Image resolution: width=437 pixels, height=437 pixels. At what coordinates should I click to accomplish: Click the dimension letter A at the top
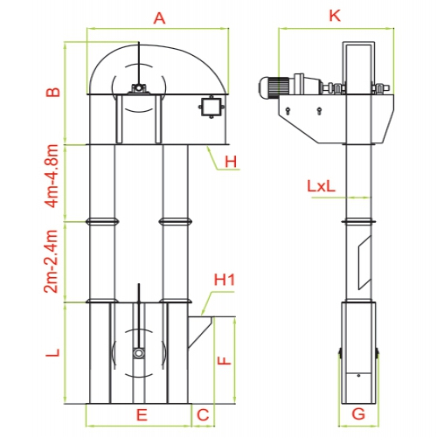(159, 18)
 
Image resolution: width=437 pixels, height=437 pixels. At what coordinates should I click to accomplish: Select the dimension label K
(335, 16)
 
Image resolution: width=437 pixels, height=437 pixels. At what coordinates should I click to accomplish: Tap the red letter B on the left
(53, 92)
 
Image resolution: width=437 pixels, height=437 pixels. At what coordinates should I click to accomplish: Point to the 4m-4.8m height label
(52, 177)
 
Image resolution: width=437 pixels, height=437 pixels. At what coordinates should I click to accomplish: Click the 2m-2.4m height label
(51, 261)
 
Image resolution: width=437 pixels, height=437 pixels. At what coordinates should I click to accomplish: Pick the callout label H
(231, 162)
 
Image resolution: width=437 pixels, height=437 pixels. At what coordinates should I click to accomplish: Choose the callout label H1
(225, 280)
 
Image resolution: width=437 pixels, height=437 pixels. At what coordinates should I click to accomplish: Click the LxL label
(322, 186)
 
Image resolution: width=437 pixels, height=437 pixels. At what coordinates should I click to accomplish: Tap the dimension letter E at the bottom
(142, 415)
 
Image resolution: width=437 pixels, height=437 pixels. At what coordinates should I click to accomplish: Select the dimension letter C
(203, 415)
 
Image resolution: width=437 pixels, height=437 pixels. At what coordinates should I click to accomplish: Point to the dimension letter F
(225, 361)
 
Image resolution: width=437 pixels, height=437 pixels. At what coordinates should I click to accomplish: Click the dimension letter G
(358, 413)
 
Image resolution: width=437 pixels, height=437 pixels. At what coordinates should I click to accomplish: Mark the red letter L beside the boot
(53, 352)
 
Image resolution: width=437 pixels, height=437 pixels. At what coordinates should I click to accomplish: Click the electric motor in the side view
(274, 87)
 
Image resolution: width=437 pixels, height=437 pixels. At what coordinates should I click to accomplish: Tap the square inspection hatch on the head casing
(212, 107)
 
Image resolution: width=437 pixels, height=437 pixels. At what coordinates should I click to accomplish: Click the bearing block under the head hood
(139, 88)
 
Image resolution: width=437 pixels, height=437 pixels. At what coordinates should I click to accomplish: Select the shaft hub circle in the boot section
(139, 353)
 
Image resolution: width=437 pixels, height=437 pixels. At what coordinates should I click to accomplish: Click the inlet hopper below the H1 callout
(200, 332)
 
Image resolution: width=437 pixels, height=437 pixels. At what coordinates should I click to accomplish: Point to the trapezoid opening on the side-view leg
(364, 263)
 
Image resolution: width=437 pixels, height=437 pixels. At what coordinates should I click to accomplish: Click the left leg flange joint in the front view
(102, 222)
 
